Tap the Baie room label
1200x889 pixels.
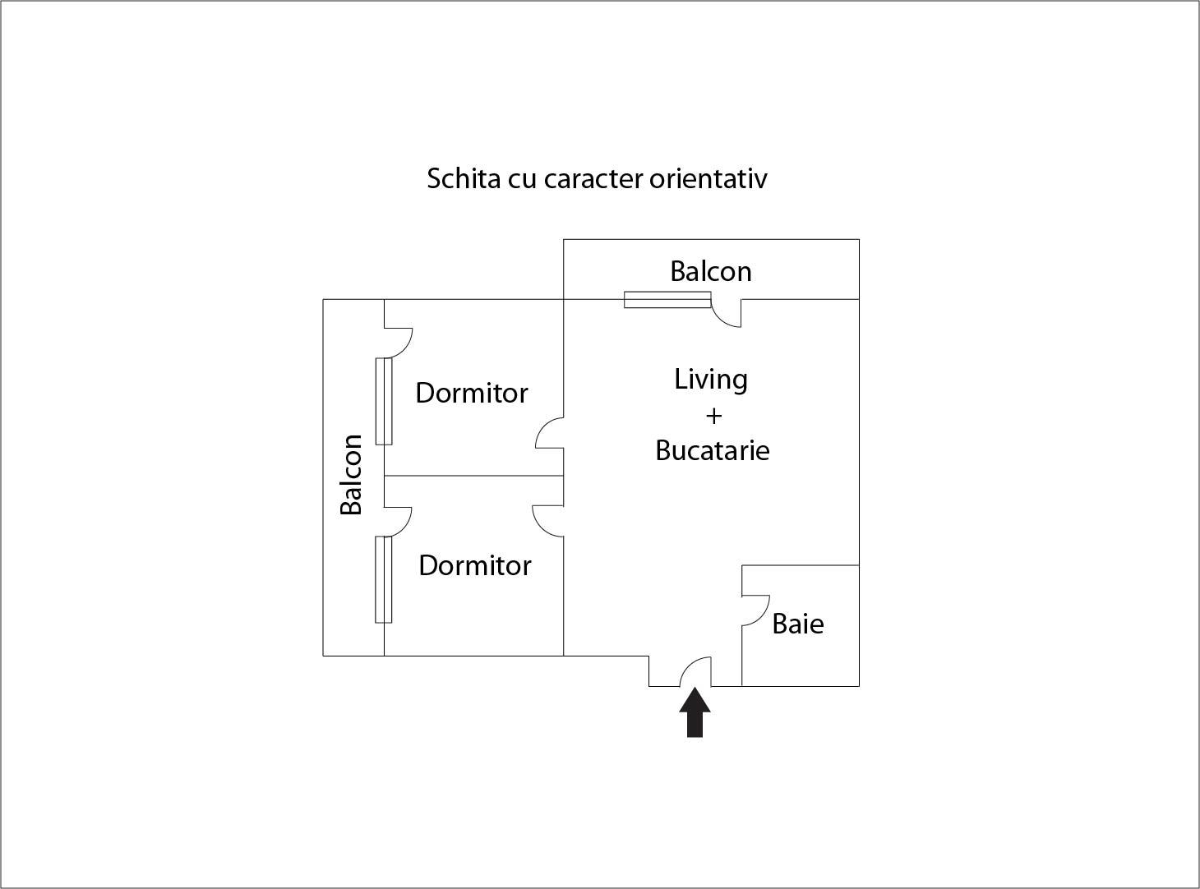coord(797,624)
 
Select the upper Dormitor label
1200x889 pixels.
coord(471,393)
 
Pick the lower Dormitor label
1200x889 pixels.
coord(474,565)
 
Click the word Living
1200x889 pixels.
coord(711,380)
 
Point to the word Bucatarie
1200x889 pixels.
coord(712,450)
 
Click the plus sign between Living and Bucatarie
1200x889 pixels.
coord(713,416)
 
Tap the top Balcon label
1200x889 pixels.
coord(710,271)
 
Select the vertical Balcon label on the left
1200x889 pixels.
coord(352,474)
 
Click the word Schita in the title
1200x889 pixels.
coord(464,178)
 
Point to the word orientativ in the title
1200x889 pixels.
coord(708,178)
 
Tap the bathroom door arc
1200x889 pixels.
coord(755,610)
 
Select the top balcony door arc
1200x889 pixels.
coord(726,314)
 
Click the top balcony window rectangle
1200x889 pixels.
coord(667,300)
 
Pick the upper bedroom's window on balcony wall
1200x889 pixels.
coord(384,401)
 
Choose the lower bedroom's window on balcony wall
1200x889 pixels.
coord(384,579)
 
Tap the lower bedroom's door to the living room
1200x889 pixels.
coord(548,519)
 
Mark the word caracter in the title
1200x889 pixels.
coord(593,178)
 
